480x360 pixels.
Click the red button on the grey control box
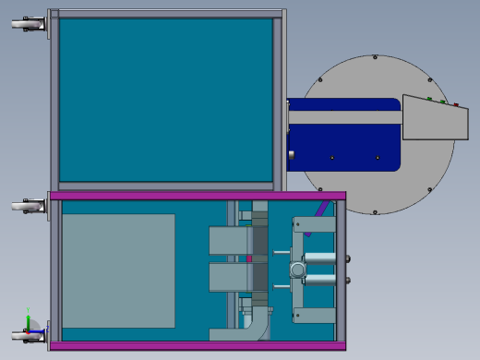pos(455,104)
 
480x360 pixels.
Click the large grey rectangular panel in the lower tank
pos(118,270)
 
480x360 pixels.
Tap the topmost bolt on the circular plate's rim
pos(375,57)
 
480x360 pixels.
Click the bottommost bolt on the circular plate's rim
pos(375,211)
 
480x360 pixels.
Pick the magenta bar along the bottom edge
pos(198,345)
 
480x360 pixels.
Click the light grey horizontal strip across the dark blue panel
pos(345,117)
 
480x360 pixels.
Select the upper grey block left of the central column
pos(228,240)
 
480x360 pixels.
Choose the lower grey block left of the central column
pos(228,276)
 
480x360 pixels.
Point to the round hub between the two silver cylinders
pos(297,269)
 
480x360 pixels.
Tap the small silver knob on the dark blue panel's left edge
pos(291,154)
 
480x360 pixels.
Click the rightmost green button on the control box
pos(442,101)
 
